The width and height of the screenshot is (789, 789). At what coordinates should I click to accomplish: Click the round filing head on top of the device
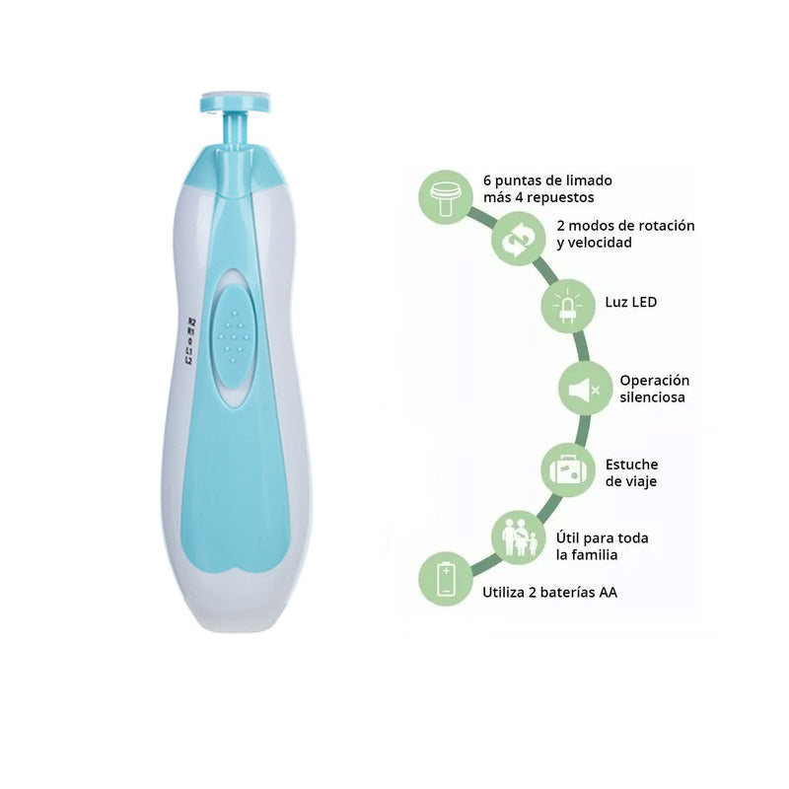pos(235,103)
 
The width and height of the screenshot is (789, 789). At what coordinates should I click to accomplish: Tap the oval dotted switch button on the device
pos(234,336)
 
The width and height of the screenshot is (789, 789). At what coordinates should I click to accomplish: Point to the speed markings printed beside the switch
pos(190,341)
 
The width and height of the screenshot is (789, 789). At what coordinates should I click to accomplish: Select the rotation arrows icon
pos(519,240)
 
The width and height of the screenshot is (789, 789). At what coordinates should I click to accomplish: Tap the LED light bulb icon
pos(568,306)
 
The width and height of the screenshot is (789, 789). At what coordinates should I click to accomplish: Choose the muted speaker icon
pos(584,389)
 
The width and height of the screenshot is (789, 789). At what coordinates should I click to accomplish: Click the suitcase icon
pos(568,470)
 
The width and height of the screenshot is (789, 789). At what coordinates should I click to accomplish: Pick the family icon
pos(520,537)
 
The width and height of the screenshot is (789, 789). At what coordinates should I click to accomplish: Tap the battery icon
pos(446,580)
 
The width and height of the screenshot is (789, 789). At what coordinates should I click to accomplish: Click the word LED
pos(644,302)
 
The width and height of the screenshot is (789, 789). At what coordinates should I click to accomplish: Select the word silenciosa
pos(652,397)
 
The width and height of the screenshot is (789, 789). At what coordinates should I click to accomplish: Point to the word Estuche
pos(631,464)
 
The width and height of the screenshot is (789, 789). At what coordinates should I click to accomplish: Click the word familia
pos(594,554)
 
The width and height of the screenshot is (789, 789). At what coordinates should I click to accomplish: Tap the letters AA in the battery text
pos(608,593)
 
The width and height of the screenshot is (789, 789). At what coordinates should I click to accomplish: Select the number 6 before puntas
pos(487,180)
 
